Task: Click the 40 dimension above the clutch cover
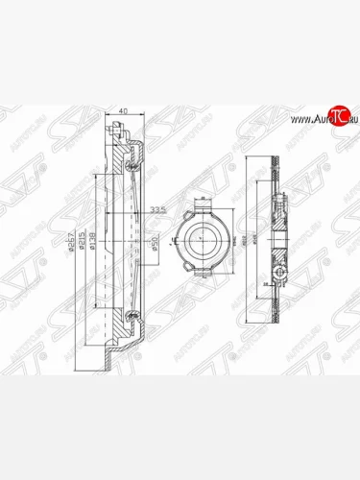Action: (x=123, y=112)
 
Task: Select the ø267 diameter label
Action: (x=70, y=247)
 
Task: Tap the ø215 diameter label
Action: (x=82, y=247)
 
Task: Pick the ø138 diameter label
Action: (x=93, y=247)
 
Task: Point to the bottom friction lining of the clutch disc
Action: (x=276, y=317)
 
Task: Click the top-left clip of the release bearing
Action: (x=178, y=218)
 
